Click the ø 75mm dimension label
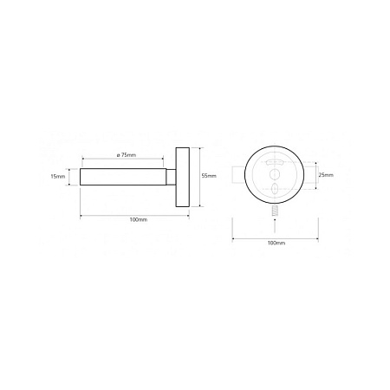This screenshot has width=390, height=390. (x=127, y=155)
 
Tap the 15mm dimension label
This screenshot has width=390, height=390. (x=58, y=176)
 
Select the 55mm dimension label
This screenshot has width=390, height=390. (x=209, y=176)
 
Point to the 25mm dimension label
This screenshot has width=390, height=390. (x=326, y=175)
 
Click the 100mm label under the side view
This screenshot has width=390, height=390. (x=139, y=220)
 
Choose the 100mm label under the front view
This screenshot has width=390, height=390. (x=276, y=243)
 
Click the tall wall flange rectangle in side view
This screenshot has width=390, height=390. (x=183, y=177)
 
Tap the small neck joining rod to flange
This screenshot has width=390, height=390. (x=171, y=177)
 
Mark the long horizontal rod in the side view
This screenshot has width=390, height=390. (x=123, y=177)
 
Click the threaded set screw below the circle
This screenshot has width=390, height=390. (x=275, y=210)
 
